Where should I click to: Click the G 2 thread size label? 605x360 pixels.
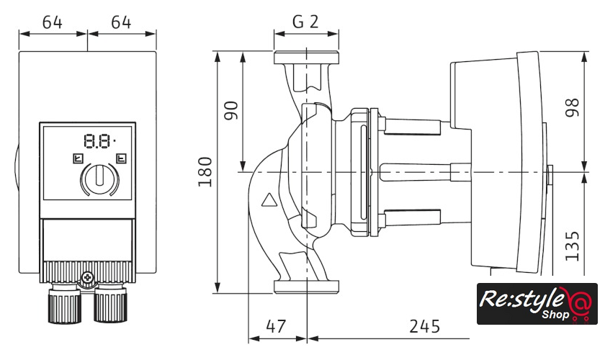pyautogui.click(x=305, y=22)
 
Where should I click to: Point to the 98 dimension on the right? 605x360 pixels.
pyautogui.click(x=573, y=108)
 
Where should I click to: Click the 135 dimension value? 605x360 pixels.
pyautogui.click(x=573, y=245)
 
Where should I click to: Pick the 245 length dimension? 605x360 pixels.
pyautogui.click(x=424, y=326)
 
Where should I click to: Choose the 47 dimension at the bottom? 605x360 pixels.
pyautogui.click(x=275, y=326)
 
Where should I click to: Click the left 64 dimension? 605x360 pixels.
pyautogui.click(x=53, y=22)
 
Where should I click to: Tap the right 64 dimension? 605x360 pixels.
pyautogui.click(x=121, y=22)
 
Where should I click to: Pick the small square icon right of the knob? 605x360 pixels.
pyautogui.click(x=121, y=158)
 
